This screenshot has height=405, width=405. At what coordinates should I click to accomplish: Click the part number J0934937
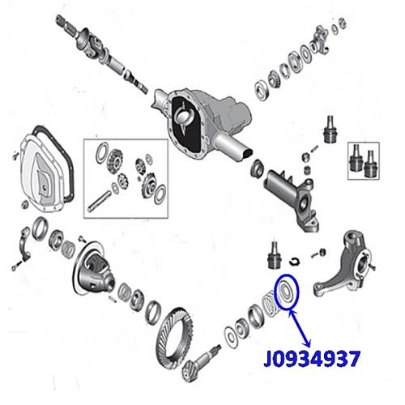pyautogui.click(x=312, y=359)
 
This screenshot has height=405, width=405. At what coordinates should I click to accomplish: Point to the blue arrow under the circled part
pyautogui.click(x=300, y=329)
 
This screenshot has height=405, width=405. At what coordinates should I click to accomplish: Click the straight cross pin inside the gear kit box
pyautogui.click(x=99, y=201)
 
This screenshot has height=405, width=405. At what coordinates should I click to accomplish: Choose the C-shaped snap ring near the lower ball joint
pyautogui.click(x=294, y=261)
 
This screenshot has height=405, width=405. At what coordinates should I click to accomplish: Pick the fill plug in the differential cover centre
pyautogui.click(x=45, y=187)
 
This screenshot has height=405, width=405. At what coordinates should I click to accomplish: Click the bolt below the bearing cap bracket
pyautogui.click(x=16, y=266)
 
